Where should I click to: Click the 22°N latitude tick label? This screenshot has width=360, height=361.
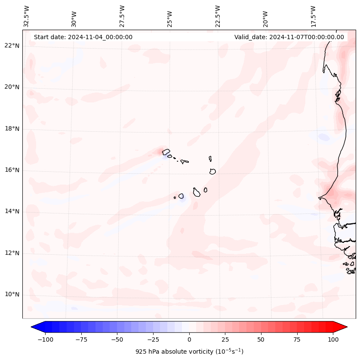[x=12, y=46]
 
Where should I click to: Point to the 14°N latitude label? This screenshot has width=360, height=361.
[x=12, y=211]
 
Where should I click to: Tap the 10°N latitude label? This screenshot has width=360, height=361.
[x=12, y=294]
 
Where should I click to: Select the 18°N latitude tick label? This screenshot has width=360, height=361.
[x=12, y=129]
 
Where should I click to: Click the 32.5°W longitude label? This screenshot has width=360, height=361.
[x=27, y=16]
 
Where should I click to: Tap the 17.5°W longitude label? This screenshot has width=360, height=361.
[x=313, y=16]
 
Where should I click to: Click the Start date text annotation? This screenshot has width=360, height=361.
[x=83, y=37]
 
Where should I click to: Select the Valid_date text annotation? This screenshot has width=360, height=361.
[x=289, y=37]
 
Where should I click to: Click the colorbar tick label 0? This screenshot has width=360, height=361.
[x=189, y=339]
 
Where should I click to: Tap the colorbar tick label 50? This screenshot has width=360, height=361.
[x=261, y=339]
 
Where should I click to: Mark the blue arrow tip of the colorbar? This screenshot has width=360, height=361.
[x=34, y=327]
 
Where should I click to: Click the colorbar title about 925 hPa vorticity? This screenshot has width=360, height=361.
[x=189, y=352]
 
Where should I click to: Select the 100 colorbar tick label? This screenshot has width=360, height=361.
[x=333, y=339]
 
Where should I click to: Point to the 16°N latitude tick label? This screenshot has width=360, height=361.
[x=12, y=170]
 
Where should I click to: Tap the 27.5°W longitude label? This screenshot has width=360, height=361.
[x=122, y=16]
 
